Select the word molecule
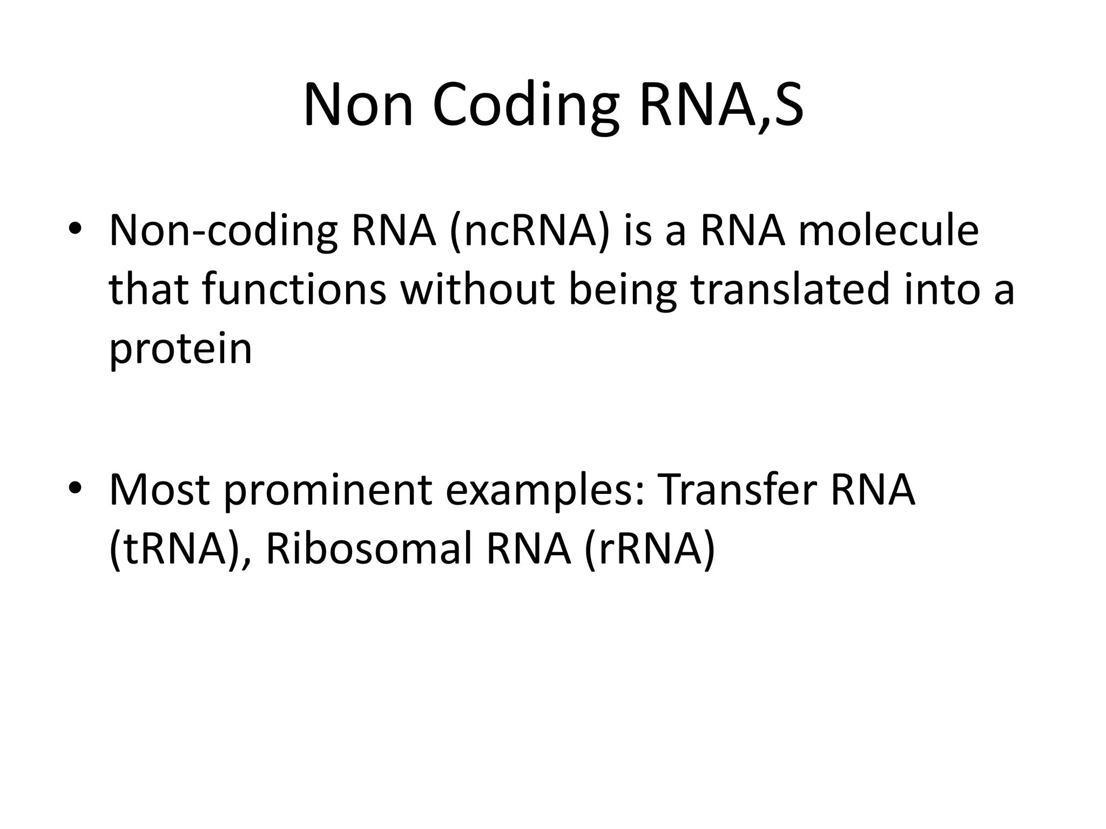click(x=888, y=231)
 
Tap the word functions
click(x=294, y=289)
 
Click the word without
click(x=478, y=289)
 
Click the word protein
click(x=180, y=349)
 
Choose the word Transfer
click(x=738, y=490)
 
